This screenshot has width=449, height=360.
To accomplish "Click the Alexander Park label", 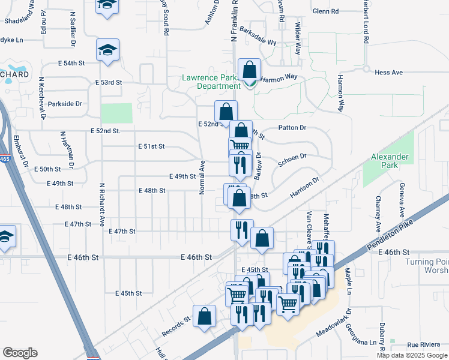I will coord(390,161).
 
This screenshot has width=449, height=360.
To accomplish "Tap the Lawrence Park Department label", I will coord(212,82).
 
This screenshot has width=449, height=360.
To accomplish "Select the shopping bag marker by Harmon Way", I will coord(249,71).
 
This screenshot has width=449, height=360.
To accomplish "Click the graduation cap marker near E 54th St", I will coord(108,51).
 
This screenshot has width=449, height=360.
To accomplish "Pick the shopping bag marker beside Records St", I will coord(204,317).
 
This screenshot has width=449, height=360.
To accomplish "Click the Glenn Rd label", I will coord(326,11).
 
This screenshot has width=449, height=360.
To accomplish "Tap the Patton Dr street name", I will coord(292,128).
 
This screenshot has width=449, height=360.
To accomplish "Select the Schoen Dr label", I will coord(292,160).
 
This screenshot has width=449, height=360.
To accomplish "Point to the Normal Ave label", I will coord(202,177).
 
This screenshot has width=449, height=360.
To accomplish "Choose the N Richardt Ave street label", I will coord(102,203).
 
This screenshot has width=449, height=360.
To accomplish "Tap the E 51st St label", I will coord(151,146).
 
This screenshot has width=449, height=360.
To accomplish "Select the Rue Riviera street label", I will coord(421,344).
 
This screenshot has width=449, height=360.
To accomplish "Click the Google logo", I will coord(20,353).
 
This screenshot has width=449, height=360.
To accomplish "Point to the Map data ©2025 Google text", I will coord(412,355).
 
